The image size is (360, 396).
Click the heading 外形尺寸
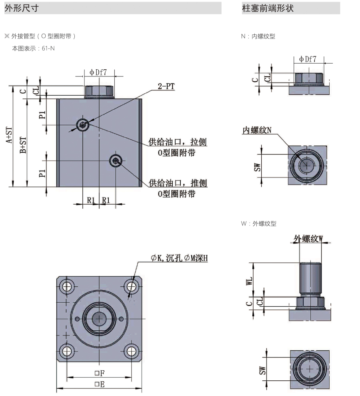22,8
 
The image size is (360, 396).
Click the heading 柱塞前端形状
268,8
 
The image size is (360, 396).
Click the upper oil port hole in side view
83,125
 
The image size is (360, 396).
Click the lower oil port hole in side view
116,161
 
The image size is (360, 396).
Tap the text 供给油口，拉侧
178,142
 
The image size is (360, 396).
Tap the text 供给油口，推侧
178,183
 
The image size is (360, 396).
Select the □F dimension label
99,373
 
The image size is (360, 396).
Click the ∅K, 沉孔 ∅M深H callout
179,259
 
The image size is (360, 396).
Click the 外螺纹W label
308,239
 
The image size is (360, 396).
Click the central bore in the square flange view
99,319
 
